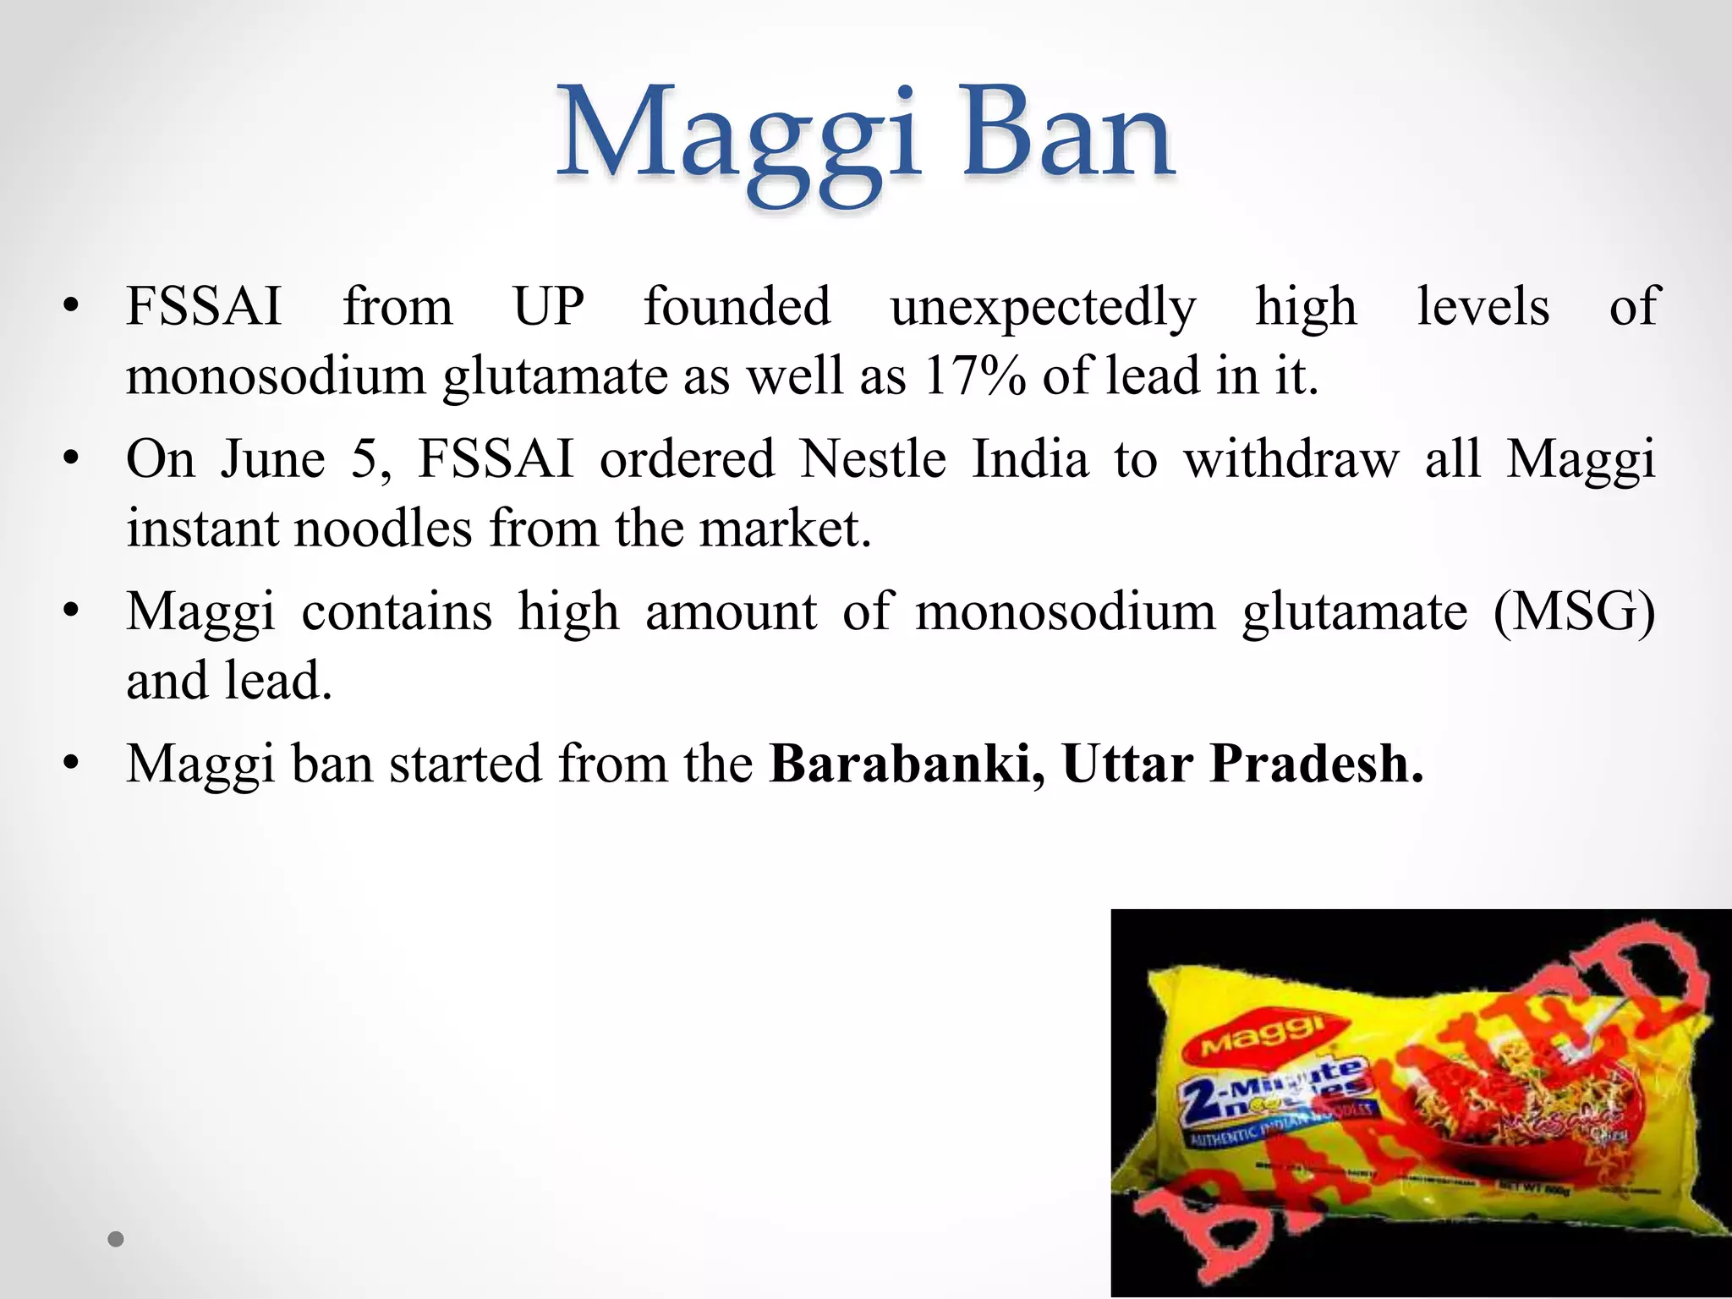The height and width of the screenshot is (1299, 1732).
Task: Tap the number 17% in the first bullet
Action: click(x=973, y=375)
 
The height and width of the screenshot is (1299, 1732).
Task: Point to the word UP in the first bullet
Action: click(x=549, y=306)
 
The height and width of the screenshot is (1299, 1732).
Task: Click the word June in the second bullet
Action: click(x=273, y=459)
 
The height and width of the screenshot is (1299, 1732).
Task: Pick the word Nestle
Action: click(x=873, y=459)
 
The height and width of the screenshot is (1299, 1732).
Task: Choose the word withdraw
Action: click(x=1291, y=459)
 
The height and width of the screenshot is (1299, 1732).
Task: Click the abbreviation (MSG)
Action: click(x=1574, y=611)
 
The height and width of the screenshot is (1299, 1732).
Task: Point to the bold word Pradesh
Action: click(x=1316, y=764)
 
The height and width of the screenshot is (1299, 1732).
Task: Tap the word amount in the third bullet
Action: click(x=731, y=611)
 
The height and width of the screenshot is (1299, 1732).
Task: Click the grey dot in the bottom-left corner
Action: click(x=117, y=1240)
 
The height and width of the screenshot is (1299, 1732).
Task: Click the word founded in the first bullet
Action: click(x=737, y=306)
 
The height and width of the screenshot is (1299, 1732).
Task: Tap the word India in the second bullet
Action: click(x=1029, y=459)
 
